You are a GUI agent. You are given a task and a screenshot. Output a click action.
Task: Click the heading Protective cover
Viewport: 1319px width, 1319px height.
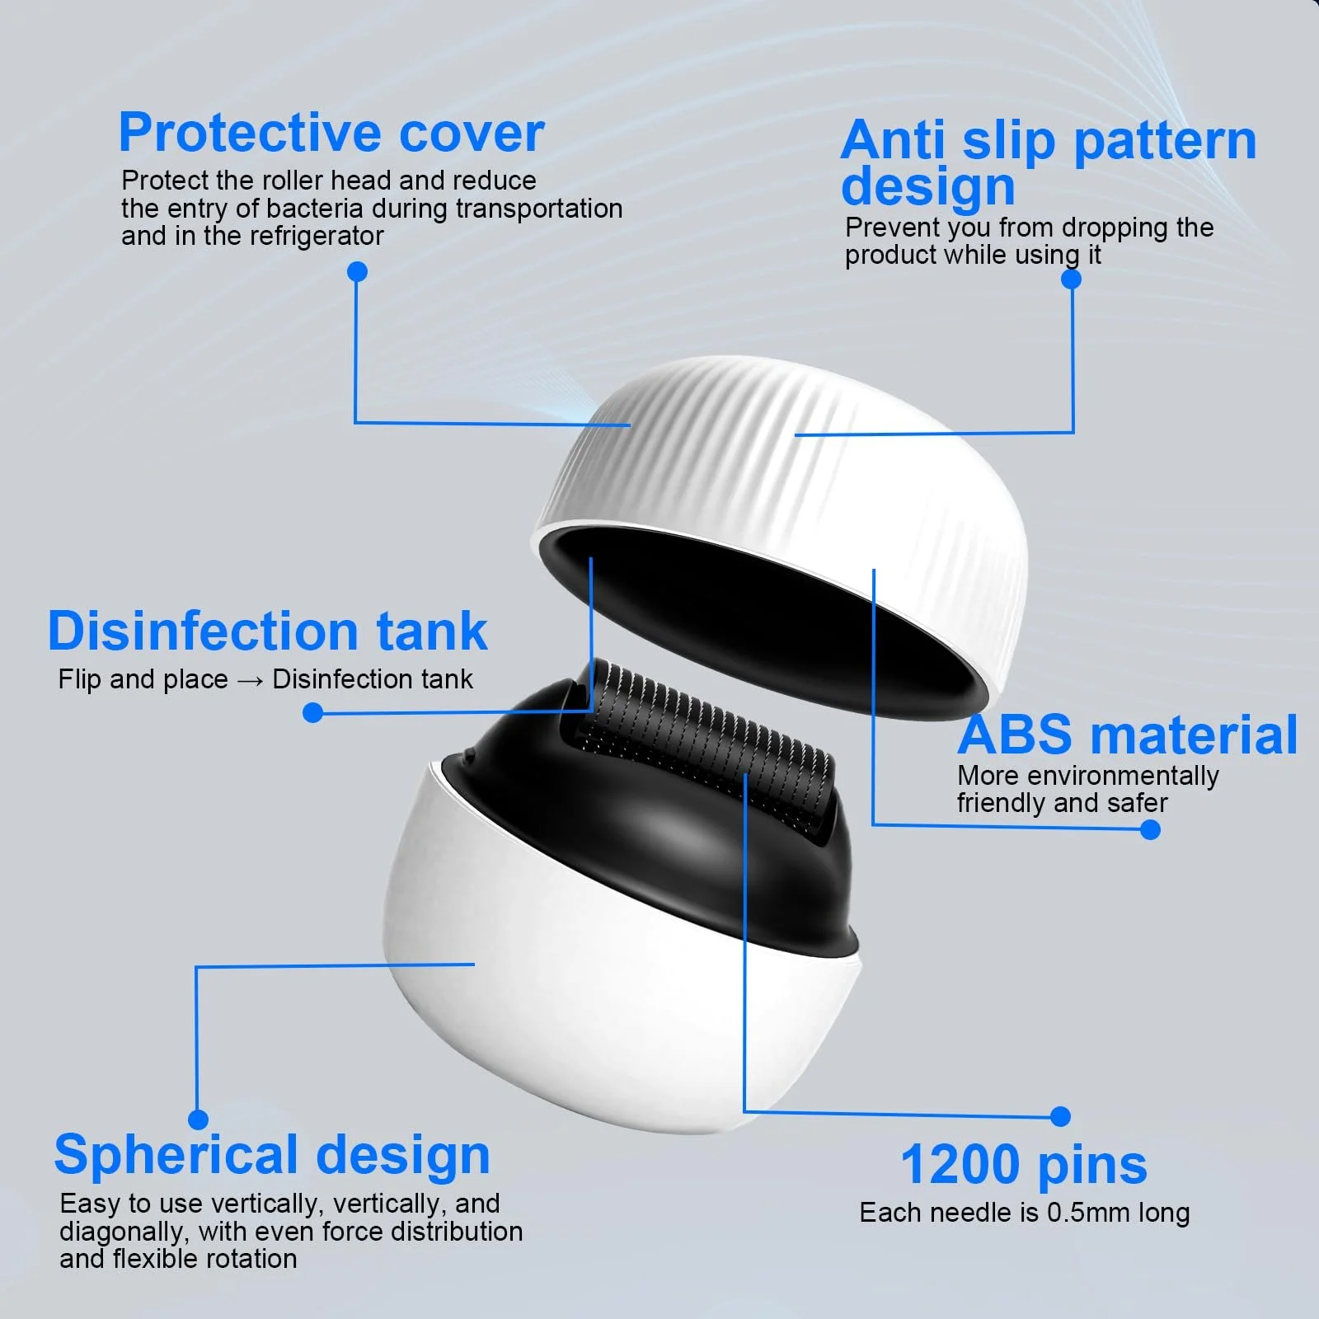(x=331, y=134)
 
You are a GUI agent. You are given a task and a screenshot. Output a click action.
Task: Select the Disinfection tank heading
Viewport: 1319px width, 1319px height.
(x=268, y=631)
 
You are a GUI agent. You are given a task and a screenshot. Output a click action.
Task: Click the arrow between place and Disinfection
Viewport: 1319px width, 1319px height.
(x=250, y=680)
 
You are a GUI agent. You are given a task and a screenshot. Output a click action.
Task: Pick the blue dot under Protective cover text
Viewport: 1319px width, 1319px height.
(x=357, y=271)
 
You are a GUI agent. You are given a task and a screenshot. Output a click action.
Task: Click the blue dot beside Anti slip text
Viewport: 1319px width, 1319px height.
(x=1071, y=279)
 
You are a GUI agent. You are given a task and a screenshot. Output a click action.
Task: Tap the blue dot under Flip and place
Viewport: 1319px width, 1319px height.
(x=312, y=712)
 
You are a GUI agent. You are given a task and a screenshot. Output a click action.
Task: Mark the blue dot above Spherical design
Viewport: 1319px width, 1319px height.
(x=198, y=1119)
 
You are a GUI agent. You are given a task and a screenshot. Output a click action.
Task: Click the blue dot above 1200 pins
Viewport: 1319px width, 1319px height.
(x=1061, y=1116)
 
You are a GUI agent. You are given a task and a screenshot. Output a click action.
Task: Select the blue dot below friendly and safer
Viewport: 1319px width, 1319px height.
(x=1150, y=829)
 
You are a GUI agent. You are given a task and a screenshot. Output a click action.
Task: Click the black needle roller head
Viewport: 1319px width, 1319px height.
(x=705, y=746)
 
